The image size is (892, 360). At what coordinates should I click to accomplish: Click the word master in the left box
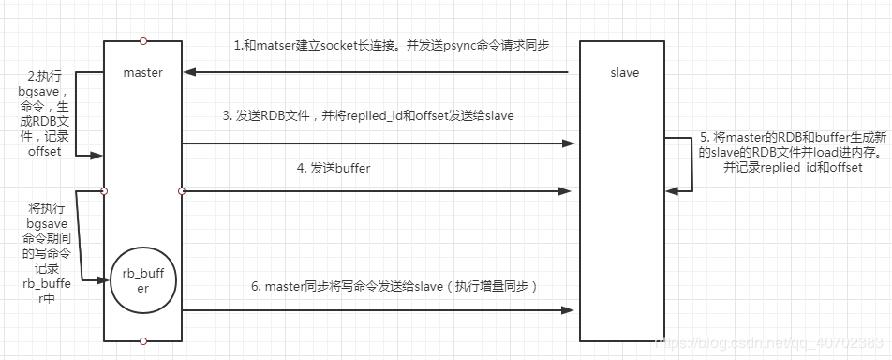(142, 72)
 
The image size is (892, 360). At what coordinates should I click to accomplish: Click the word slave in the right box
(624, 72)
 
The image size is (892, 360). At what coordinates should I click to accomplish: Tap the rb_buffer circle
(141, 280)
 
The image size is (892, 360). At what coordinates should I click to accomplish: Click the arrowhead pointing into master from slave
(190, 72)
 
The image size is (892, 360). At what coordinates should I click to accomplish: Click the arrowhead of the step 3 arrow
(569, 143)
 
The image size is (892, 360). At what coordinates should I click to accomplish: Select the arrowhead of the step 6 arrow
(569, 309)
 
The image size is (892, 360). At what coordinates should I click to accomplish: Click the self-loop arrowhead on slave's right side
(672, 191)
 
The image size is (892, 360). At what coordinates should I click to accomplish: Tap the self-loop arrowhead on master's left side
(97, 157)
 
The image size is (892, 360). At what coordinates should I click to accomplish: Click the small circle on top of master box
(142, 40)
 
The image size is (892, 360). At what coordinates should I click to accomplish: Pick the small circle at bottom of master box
(142, 341)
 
